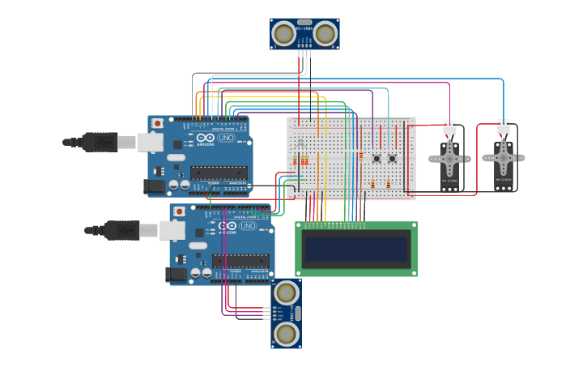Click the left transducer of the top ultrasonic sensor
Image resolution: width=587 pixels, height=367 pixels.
pyautogui.click(x=283, y=34)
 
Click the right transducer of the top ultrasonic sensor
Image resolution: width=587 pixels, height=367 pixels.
pyautogui.click(x=325, y=34)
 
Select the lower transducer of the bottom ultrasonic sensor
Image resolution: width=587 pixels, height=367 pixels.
pyautogui.click(x=285, y=333)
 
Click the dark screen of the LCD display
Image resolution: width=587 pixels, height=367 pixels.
pyautogui.click(x=356, y=249)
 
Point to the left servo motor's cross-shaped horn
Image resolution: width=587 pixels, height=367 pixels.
pyautogui.click(x=449, y=157)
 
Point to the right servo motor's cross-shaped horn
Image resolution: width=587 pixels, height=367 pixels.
pyautogui.click(x=503, y=156)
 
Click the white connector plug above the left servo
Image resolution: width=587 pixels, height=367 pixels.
pyautogui.click(x=449, y=127)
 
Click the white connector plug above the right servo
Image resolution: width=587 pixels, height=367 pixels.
pyautogui.click(x=504, y=126)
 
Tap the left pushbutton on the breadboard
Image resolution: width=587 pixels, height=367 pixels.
pyautogui.click(x=376, y=158)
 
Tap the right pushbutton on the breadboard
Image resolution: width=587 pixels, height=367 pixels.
pyautogui.click(x=392, y=158)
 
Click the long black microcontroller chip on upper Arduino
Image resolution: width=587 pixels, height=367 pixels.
pyautogui.click(x=219, y=172)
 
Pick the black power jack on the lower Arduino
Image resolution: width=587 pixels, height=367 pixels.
pyautogui.click(x=176, y=275)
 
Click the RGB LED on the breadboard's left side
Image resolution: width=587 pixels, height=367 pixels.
pyautogui.click(x=300, y=143)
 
